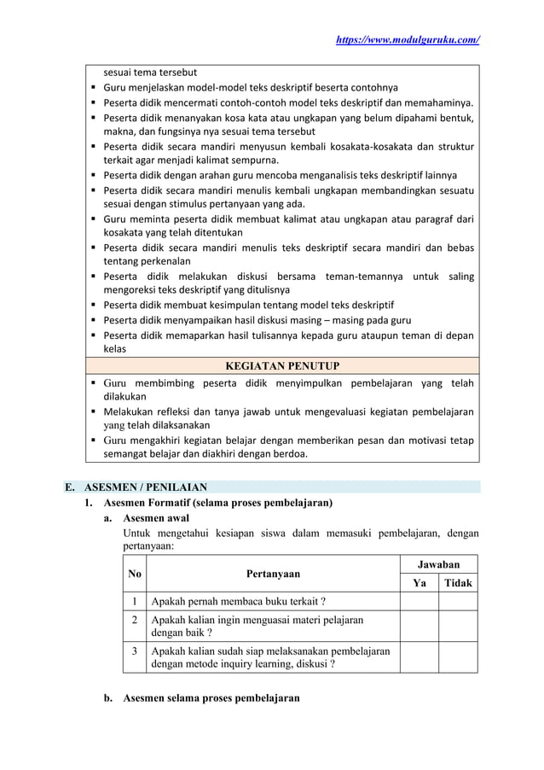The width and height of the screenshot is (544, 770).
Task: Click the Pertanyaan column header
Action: point(272,574)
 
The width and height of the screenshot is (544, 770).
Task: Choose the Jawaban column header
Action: point(438,564)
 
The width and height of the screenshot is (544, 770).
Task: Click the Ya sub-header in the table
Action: point(419,583)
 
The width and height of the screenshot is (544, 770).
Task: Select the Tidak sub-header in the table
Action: point(458,583)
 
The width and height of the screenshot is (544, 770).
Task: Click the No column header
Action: point(134,574)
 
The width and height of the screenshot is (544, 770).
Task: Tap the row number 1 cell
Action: point(134,601)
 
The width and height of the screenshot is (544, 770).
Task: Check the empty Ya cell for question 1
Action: point(419,601)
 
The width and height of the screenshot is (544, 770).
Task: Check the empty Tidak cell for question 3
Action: point(458,657)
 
